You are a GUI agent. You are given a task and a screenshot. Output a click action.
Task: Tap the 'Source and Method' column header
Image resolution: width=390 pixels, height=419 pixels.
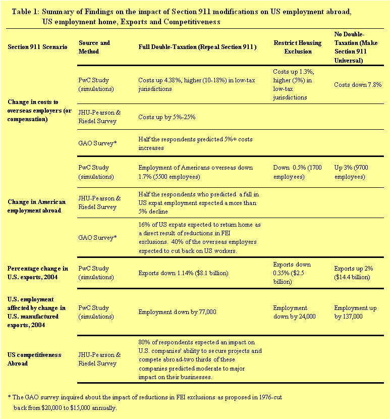[94, 47]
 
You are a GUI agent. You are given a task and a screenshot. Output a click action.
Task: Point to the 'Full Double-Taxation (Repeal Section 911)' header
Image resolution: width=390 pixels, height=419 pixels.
[197, 47]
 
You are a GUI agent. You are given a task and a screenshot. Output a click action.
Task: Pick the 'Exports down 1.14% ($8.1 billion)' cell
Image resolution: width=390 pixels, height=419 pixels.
[183, 273]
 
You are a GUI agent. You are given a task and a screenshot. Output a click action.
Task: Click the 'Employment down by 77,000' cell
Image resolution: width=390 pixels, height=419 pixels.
[177, 312]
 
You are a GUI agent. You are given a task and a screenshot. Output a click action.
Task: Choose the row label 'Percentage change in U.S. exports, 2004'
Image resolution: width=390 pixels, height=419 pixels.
[38, 273]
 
